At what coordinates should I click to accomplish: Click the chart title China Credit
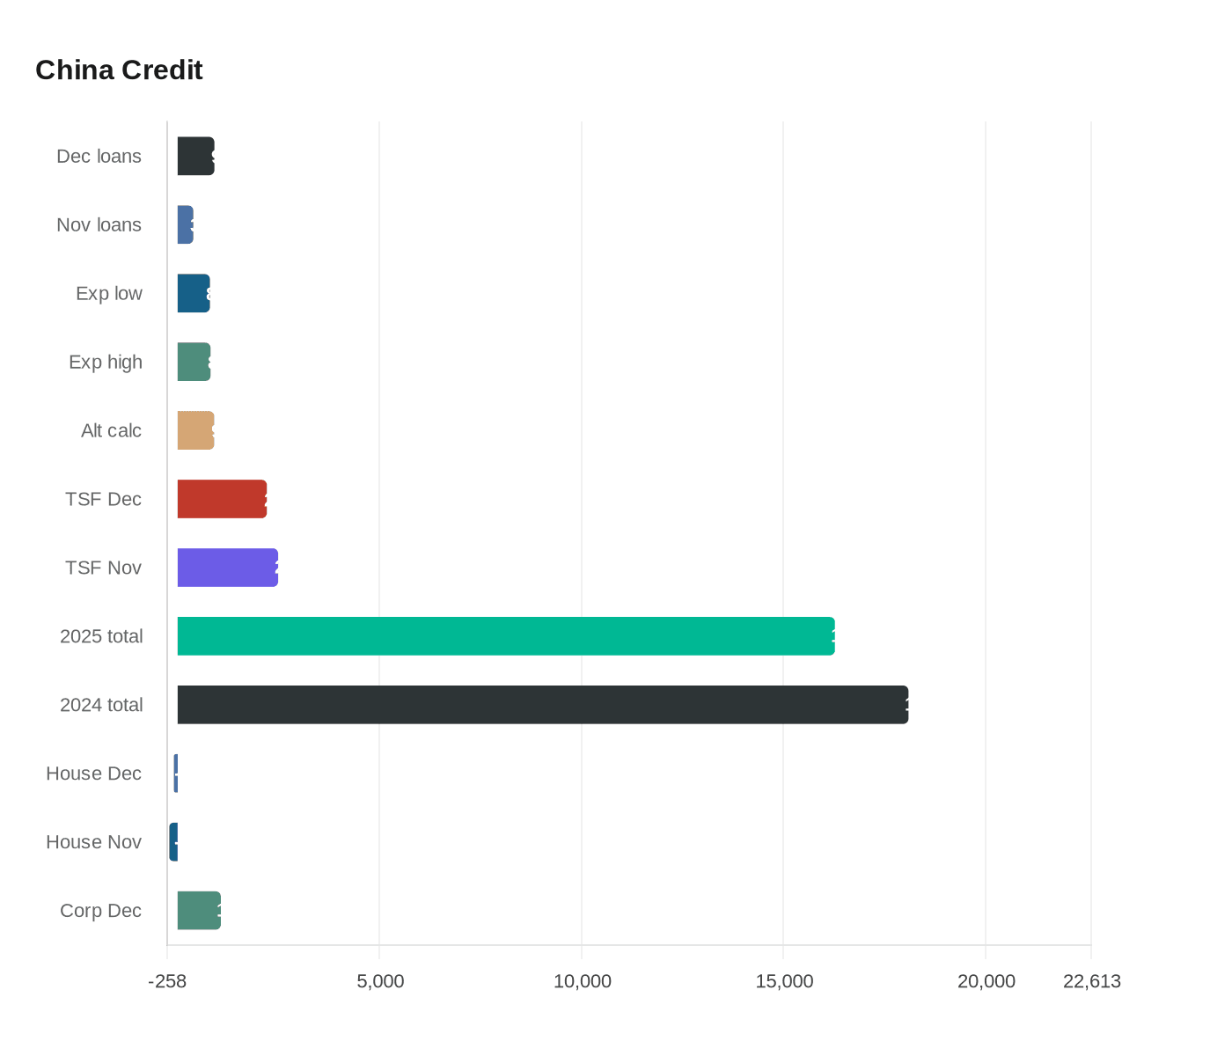[x=119, y=70]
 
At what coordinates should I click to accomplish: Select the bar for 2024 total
[x=542, y=705]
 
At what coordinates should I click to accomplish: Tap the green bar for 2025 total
[x=506, y=636]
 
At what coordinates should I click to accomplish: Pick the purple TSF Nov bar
[x=227, y=568]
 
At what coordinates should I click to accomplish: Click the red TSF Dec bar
[x=222, y=499]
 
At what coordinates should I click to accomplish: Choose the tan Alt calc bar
[x=195, y=430]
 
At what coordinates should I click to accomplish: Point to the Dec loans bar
[x=195, y=156]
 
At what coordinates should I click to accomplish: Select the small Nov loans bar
[x=185, y=224]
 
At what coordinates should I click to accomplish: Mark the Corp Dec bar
[x=199, y=911]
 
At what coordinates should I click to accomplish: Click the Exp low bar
[x=194, y=293]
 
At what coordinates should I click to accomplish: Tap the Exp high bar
[x=194, y=362]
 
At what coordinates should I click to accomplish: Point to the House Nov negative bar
[x=173, y=842]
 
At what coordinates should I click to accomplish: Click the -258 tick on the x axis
[x=167, y=981]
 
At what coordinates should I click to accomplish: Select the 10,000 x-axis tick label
[x=582, y=981]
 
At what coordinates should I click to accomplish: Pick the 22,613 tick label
[x=1091, y=981]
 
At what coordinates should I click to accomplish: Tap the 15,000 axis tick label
[x=784, y=981]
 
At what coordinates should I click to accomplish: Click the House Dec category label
[x=93, y=774]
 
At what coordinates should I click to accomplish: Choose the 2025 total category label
[x=100, y=636]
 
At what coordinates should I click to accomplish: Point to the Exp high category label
[x=105, y=362]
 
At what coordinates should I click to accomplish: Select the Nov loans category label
[x=99, y=224]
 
